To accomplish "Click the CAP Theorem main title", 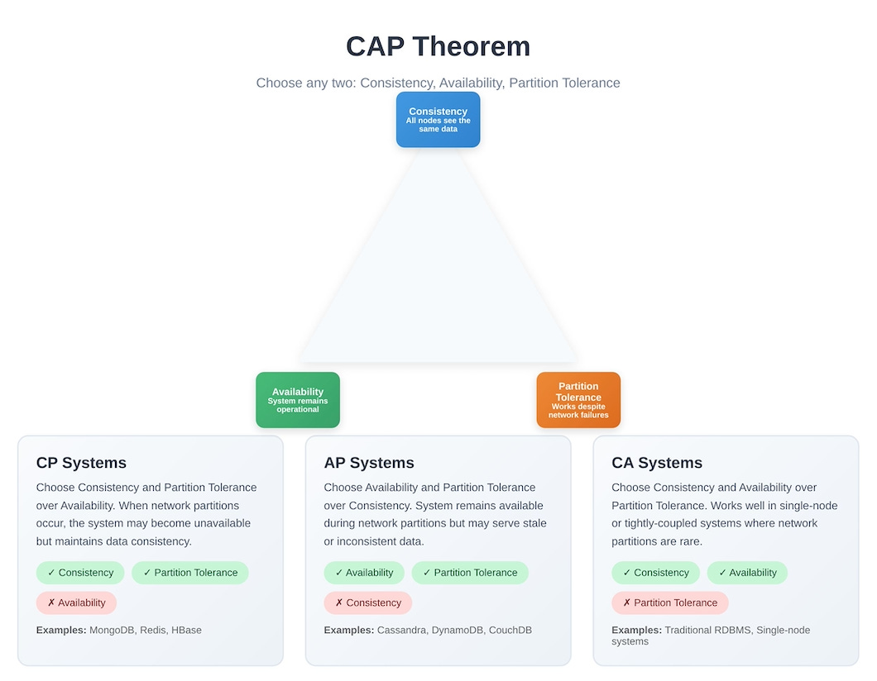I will (438, 46).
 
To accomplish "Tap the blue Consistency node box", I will (438, 120).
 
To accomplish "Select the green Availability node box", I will (297, 400).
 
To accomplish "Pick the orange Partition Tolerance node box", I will (578, 400).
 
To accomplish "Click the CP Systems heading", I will (81, 463).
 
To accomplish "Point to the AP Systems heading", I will (369, 463).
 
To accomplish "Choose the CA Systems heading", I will (657, 463).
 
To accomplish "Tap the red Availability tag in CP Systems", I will (76, 602).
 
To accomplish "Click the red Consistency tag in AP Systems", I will (367, 602).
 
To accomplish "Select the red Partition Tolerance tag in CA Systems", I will (669, 602).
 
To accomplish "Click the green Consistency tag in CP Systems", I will (80, 573).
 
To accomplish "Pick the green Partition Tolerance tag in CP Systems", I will (189, 573).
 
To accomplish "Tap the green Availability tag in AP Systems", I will (364, 573).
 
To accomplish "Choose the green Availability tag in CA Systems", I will (746, 573).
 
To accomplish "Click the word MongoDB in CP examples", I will (112, 630).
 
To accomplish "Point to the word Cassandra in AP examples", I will (402, 630).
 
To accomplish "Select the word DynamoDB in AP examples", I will (458, 630).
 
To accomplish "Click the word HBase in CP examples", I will (186, 630).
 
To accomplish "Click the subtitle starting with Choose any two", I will (438, 83).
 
